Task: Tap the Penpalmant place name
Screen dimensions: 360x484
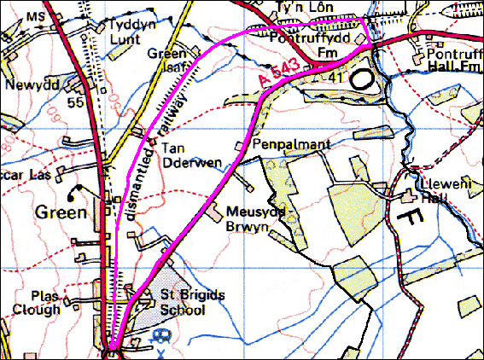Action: click(x=283, y=146)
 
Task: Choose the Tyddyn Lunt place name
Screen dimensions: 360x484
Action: click(x=135, y=32)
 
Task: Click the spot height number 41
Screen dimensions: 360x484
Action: click(x=335, y=78)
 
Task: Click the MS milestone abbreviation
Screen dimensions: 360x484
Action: click(x=33, y=16)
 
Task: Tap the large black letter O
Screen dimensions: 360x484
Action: click(x=364, y=78)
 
